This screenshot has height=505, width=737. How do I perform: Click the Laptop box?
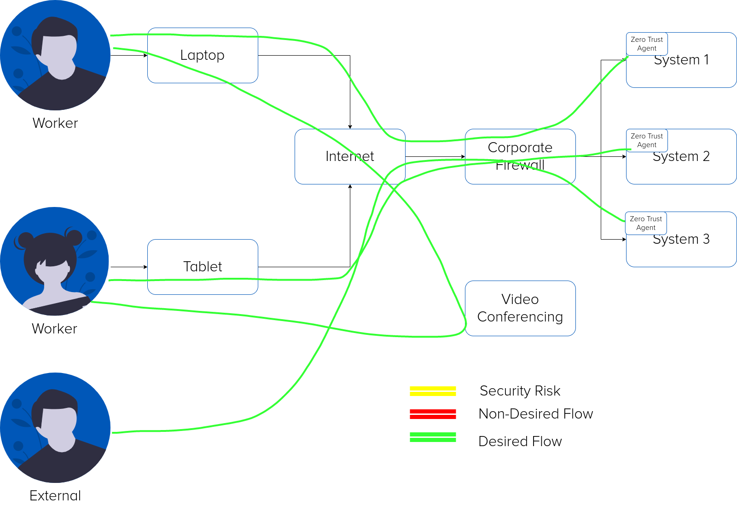coord(203,56)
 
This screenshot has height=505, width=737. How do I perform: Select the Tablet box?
coord(203,267)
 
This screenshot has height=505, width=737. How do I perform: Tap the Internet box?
coord(350,156)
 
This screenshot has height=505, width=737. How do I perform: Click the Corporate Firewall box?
coord(520,156)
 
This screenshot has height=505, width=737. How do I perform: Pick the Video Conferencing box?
coord(520,308)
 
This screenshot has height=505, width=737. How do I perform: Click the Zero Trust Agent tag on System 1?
coord(647,44)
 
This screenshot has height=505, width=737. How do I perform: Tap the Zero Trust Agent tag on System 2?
coord(647,141)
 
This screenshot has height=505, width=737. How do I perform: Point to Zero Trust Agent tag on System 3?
coord(646,224)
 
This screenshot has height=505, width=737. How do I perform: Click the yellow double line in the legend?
coord(433,391)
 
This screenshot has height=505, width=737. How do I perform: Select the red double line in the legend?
coord(433,414)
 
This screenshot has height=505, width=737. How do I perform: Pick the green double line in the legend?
coord(433,437)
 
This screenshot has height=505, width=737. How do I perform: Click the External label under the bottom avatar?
coord(55,495)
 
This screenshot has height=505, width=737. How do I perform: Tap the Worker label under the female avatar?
coord(55,328)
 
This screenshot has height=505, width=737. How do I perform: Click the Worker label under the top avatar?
coord(56,123)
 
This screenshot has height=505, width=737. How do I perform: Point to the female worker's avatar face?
coord(54,271)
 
